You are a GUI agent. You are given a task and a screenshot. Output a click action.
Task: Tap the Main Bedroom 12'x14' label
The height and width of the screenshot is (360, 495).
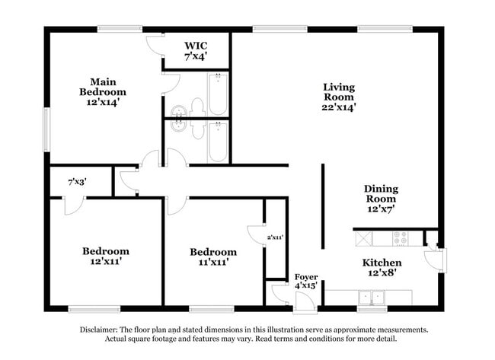pyautogui.click(x=103, y=91)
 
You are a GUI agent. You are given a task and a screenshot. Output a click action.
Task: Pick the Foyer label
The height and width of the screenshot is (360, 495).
pyautogui.click(x=306, y=281)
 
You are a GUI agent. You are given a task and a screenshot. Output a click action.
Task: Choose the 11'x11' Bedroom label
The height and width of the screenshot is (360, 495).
pyautogui.click(x=213, y=256)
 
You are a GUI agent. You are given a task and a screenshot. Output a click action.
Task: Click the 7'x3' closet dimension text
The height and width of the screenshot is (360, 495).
pyautogui.click(x=76, y=182)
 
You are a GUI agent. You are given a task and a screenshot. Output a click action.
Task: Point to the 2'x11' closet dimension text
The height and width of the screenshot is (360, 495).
pyautogui.click(x=275, y=238)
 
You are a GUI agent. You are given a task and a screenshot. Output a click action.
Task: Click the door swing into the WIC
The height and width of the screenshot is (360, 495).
pyautogui.click(x=155, y=45)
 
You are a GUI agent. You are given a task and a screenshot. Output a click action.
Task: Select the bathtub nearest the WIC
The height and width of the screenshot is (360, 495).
pyautogui.click(x=219, y=94)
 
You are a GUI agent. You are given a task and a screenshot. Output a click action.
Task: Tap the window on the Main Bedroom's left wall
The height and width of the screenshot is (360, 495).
pyautogui.click(x=46, y=129)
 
